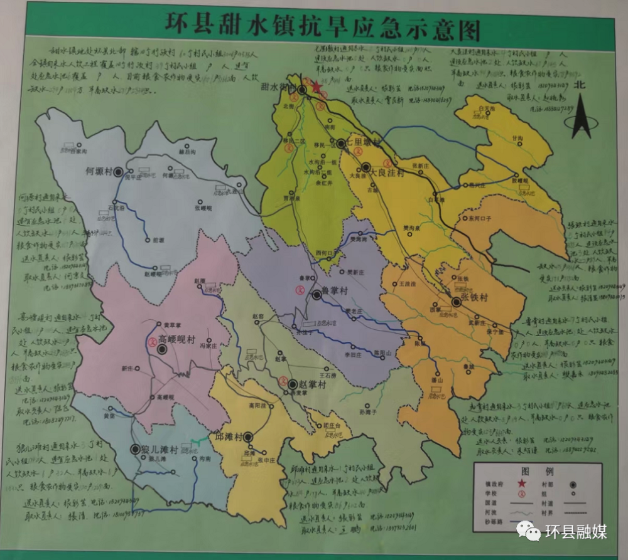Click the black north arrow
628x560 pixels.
click(x=581, y=116)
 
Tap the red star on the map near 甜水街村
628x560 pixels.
click(x=317, y=87)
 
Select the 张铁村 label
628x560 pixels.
click(x=475, y=298)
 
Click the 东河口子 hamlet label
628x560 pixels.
click(x=480, y=219)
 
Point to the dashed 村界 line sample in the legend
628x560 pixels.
click(x=574, y=513)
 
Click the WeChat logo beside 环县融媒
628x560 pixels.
click(x=529, y=532)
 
